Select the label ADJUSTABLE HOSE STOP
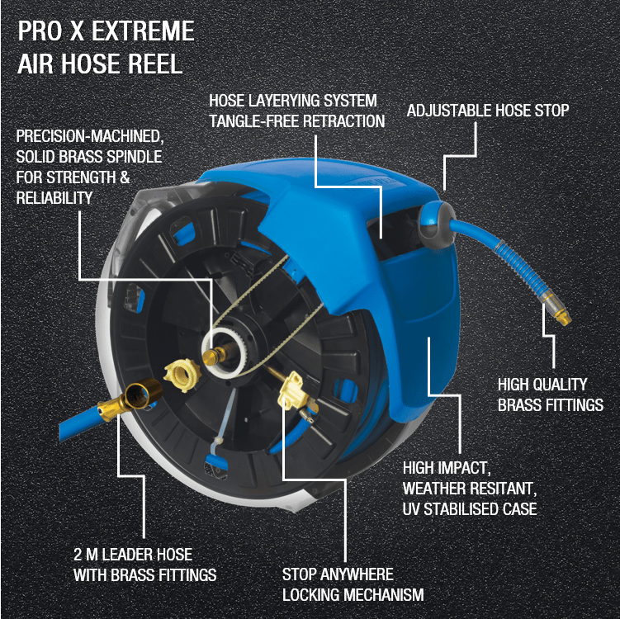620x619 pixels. click(488, 110)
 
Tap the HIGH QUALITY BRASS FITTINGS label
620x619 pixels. click(550, 395)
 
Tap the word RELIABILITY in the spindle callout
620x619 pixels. click(54, 196)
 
